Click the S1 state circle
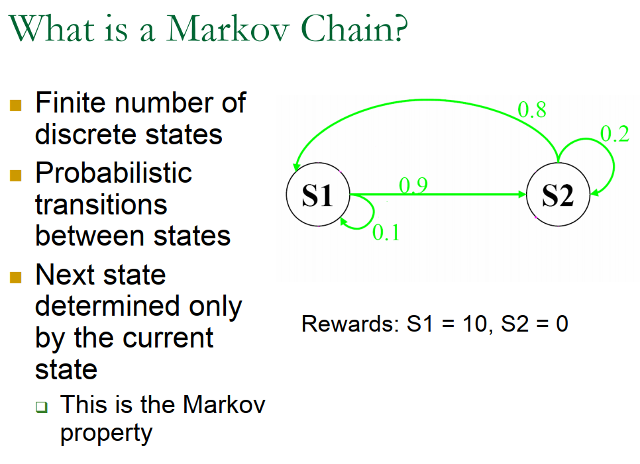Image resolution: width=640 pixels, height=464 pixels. [317, 195]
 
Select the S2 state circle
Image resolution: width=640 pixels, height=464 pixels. [557, 195]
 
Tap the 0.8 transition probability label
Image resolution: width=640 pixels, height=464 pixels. [531, 110]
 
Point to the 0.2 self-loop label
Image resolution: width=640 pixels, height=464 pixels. [614, 134]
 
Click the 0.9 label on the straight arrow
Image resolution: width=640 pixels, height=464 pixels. [413, 185]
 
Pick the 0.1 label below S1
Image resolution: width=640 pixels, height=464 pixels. [386, 232]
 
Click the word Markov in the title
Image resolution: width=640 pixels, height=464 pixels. [235, 29]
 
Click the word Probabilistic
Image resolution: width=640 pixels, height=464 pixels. [113, 173]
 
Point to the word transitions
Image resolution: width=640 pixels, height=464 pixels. [101, 205]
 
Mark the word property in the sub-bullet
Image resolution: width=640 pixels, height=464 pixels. [106, 433]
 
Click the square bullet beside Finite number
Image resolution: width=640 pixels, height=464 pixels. [16, 105]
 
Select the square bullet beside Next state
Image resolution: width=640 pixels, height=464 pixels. [16, 277]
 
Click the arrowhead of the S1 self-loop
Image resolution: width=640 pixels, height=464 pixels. [345, 222]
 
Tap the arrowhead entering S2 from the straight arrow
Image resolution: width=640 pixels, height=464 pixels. [519, 195]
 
